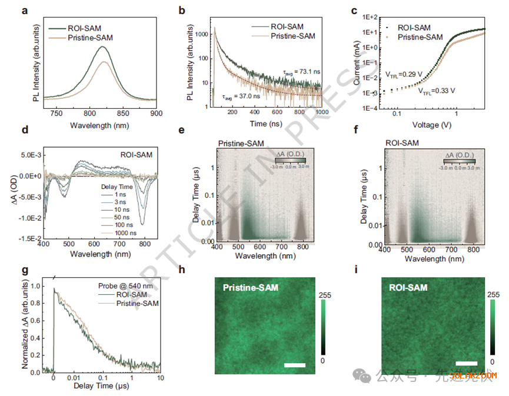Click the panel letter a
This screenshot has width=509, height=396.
(28, 11)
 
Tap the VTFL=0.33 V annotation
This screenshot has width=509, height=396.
(436, 91)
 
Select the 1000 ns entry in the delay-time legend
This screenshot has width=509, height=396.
(114, 233)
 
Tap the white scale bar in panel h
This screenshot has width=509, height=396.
(295, 366)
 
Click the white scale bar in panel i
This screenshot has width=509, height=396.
(465, 364)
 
